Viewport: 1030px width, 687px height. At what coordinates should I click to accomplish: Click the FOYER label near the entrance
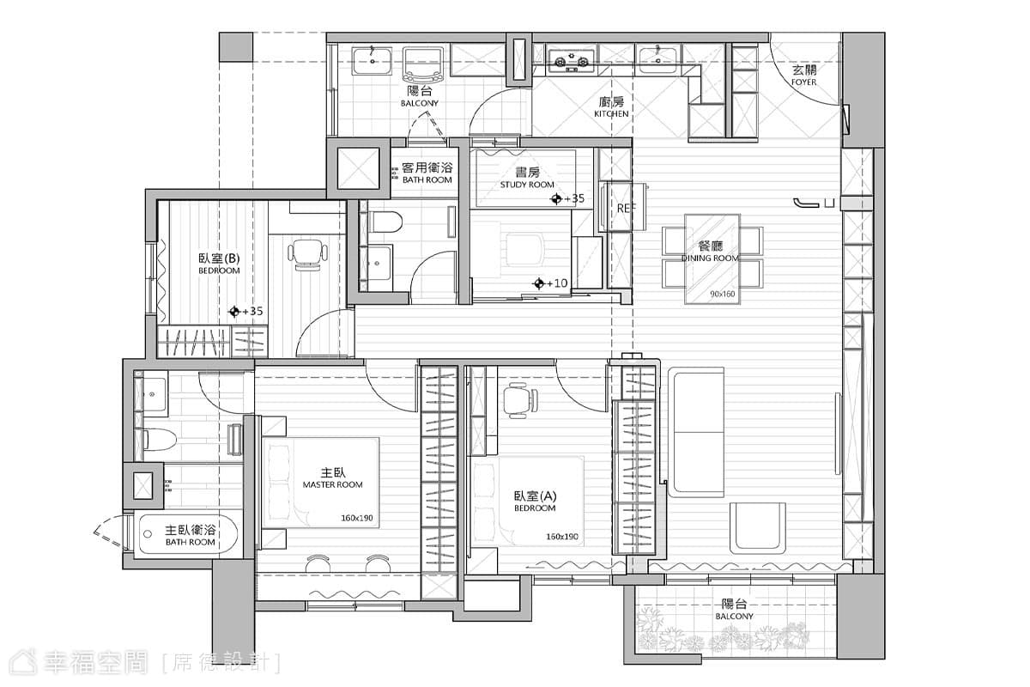pos(803,82)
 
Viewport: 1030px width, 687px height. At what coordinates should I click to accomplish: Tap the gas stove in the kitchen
pos(571,61)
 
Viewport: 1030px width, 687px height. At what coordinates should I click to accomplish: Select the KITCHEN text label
pos(611,113)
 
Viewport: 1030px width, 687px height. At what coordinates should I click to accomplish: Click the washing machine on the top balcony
pos(422,65)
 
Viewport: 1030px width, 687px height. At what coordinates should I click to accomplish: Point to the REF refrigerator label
pos(626,209)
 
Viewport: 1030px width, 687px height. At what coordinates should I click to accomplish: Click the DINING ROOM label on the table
pos(710,258)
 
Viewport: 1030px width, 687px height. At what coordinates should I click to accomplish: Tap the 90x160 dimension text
pos(723,294)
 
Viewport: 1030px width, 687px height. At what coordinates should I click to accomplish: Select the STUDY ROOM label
pos(527,185)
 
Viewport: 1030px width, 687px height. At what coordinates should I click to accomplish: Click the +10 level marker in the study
pos(550,283)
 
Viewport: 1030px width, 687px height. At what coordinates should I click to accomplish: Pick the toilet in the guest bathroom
pos(385,222)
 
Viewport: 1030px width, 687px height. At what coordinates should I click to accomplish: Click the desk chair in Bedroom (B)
pos(307,255)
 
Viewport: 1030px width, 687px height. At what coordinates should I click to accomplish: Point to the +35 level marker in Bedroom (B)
pos(246,312)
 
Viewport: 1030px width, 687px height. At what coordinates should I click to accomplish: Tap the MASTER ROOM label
pos(332,485)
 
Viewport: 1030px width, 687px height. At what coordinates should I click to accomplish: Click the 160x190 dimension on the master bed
pos(357,518)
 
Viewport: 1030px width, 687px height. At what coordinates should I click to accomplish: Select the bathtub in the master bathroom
pos(188,534)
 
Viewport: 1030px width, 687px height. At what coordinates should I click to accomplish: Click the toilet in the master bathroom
pos(159,440)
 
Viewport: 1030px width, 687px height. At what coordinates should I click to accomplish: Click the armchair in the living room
pos(757,528)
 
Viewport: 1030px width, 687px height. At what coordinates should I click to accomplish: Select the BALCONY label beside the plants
pos(734,616)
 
